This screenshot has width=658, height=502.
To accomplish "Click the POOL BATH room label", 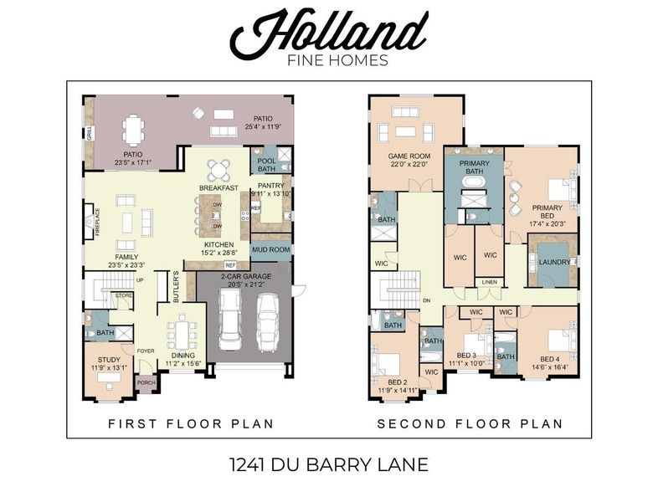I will coord(266,165).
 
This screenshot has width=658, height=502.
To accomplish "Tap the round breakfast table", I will coord(218,170).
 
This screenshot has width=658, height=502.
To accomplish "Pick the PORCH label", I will coord(147,383).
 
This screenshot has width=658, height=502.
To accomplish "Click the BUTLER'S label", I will coord(176,284).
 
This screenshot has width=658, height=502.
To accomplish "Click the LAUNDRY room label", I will coord(554,262).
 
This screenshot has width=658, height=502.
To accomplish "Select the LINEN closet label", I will coord(490,282).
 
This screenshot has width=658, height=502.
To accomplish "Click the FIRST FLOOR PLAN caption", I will coord(191,424).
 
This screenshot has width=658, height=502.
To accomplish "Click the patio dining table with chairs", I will coord(134,130).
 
